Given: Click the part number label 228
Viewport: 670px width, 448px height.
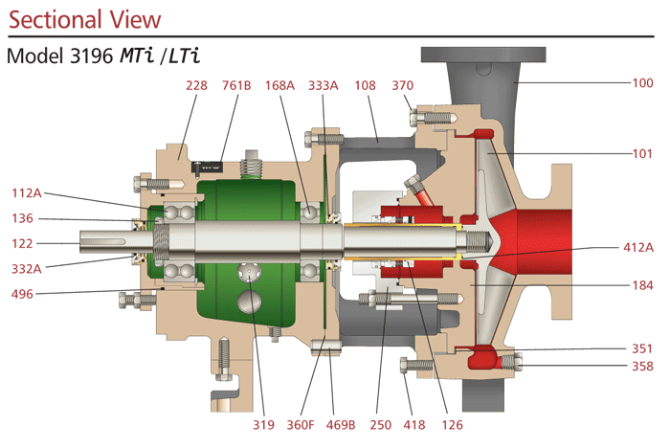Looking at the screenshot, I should (197, 85).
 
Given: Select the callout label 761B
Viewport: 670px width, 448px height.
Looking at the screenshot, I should (235, 85).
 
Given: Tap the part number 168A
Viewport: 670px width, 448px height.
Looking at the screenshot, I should (279, 85).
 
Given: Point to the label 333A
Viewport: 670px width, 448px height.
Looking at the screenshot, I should (323, 85).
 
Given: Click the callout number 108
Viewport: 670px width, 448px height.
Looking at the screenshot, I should (366, 85).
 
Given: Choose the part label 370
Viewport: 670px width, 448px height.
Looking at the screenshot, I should (402, 85).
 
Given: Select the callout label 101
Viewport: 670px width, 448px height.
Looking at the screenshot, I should (643, 152).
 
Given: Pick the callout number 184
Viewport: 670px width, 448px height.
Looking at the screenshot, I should (643, 284).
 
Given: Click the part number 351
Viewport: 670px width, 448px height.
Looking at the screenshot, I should (643, 348).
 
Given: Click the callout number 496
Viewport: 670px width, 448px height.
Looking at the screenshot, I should (23, 295).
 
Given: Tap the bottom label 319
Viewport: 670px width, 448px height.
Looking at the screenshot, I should (263, 424).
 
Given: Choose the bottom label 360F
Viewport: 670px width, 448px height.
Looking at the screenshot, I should (302, 424).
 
